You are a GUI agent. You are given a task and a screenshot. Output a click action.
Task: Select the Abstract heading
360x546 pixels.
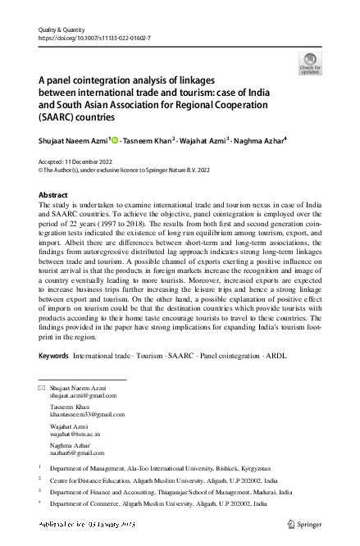pos(54,195)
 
